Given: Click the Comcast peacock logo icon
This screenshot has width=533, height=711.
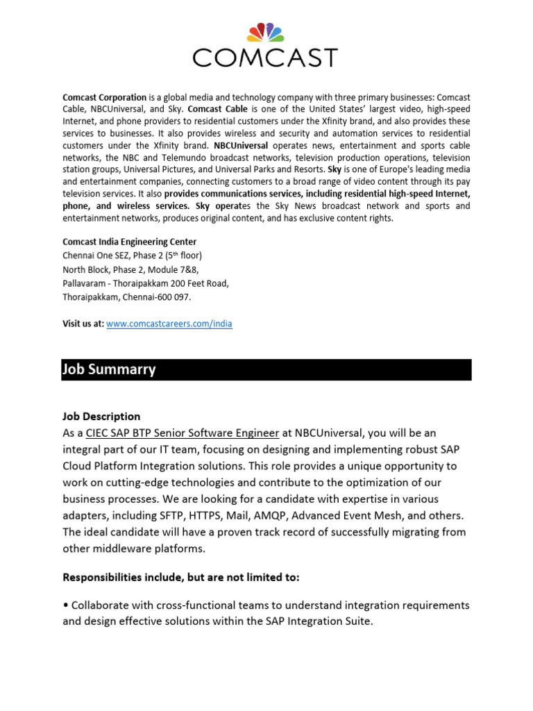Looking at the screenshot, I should click(x=266, y=33).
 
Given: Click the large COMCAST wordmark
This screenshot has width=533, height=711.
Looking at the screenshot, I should click(x=266, y=57).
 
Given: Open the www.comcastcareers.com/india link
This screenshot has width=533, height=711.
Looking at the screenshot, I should click(x=169, y=324).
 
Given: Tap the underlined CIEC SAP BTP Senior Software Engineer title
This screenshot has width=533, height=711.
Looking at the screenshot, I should click(x=183, y=433).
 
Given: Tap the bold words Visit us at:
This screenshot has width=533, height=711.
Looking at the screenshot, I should click(x=83, y=324).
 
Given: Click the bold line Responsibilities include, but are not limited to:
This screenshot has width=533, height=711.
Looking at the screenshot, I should click(x=180, y=578).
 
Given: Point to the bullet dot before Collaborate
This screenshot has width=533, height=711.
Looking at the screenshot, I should click(x=65, y=605).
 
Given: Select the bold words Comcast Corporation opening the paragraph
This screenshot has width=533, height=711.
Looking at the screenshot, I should click(x=104, y=98).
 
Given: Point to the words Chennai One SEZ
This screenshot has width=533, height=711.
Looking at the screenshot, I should click(x=96, y=256).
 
